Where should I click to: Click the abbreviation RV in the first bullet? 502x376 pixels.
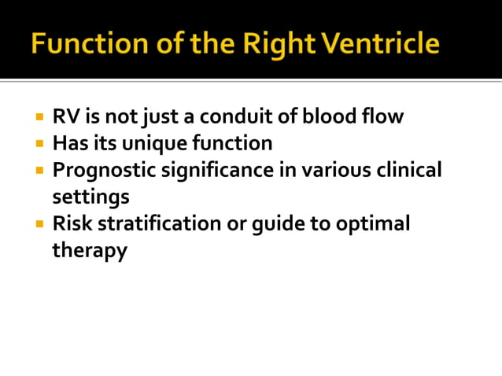click(x=65, y=117)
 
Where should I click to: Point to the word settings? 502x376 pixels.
click(x=90, y=197)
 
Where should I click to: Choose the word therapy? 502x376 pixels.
click(x=90, y=251)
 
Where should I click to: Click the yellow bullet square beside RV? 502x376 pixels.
click(x=39, y=118)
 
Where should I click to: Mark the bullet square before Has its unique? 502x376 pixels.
click(x=39, y=145)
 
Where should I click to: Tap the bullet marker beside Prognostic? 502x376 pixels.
click(x=39, y=171)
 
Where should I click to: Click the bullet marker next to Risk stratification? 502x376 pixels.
click(x=39, y=224)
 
